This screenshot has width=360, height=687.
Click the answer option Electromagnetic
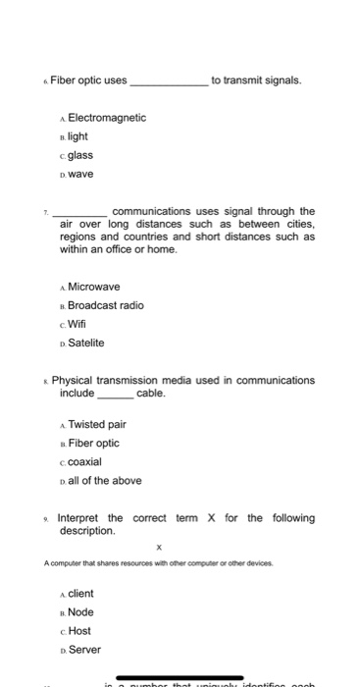point(107,117)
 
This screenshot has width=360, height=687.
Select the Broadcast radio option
point(106,305)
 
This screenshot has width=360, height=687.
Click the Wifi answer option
point(77,324)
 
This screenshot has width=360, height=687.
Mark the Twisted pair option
point(97,424)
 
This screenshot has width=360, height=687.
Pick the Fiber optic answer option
point(94,443)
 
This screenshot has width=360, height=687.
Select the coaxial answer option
point(85,461)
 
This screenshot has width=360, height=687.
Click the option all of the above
point(105,480)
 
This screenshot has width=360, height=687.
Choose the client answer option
point(82,594)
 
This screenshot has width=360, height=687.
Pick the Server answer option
point(84,650)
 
